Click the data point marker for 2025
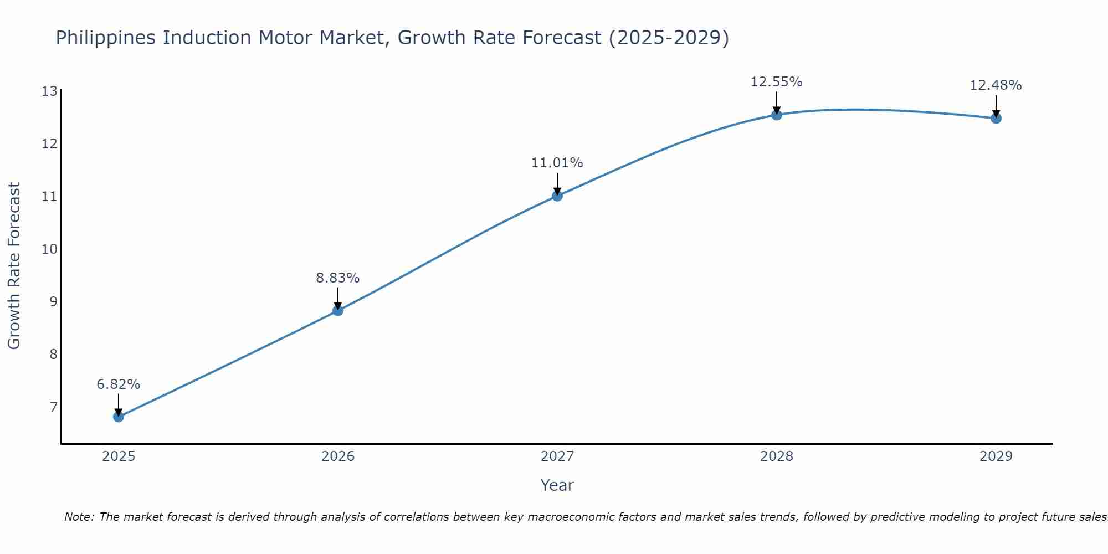(119, 417)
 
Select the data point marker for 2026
(338, 311)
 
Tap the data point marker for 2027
(557, 196)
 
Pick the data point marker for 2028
(777, 115)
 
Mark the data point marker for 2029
(996, 118)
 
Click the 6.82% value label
(119, 384)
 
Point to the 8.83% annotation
(338, 278)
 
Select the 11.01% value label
(557, 163)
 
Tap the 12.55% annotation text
(777, 82)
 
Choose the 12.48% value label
(996, 85)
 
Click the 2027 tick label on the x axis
(557, 456)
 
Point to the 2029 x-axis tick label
(996, 456)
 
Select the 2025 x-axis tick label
(119, 456)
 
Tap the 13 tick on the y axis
(49, 91)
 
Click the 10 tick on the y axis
(49, 249)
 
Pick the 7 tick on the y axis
(53, 408)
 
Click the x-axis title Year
(557, 485)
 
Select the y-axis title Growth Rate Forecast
(14, 266)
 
